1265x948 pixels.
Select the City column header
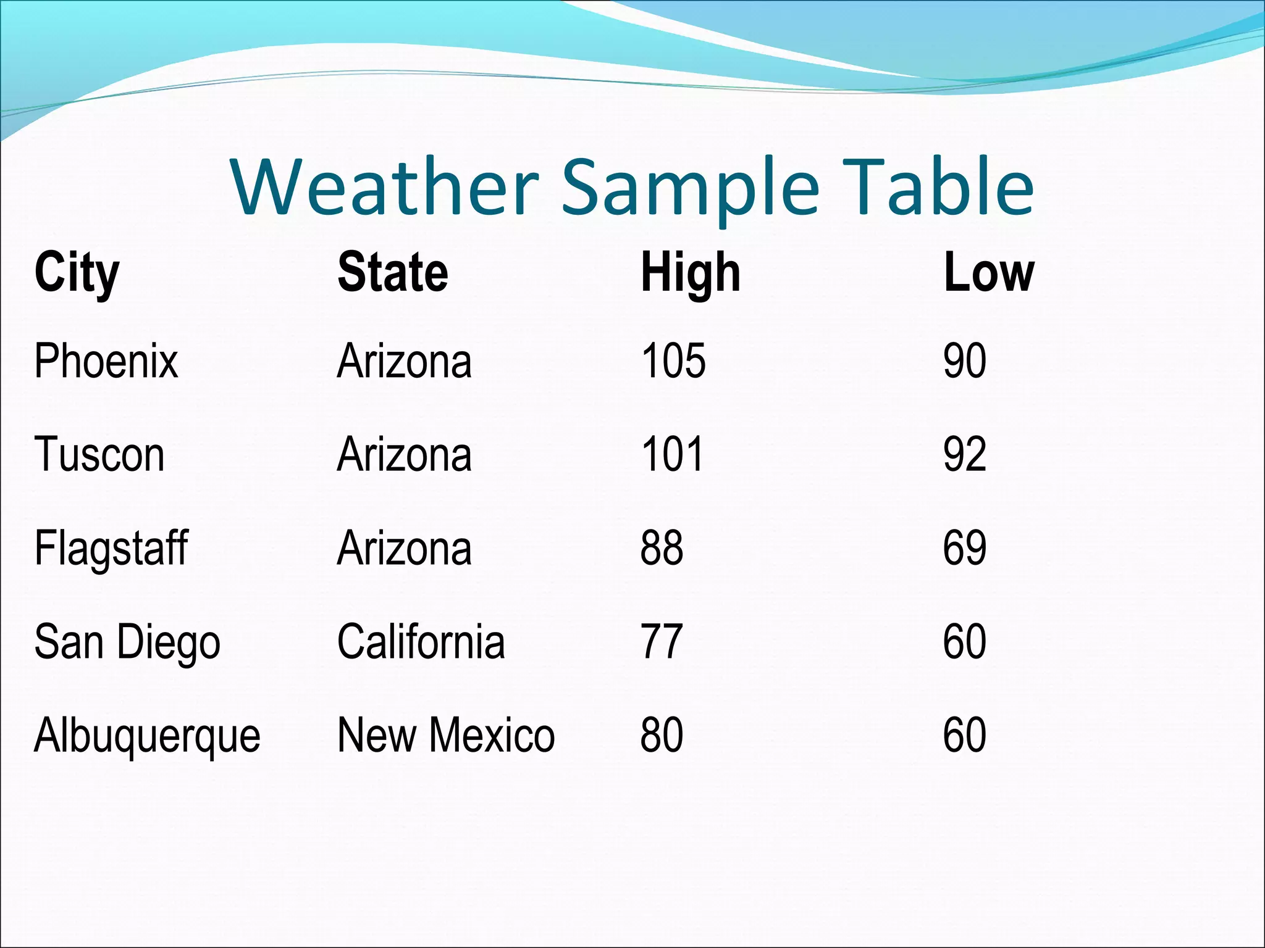click(x=77, y=273)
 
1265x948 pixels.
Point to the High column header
click(x=691, y=273)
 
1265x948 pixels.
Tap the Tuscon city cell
click(x=99, y=455)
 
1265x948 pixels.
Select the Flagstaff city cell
click(x=111, y=548)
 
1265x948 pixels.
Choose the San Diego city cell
click(x=127, y=642)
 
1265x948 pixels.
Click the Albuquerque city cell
click(x=147, y=736)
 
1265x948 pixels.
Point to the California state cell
click(x=421, y=642)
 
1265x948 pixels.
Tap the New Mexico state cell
click(x=446, y=735)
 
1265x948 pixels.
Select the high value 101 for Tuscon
click(x=672, y=455)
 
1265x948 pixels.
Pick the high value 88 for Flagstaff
click(x=662, y=548)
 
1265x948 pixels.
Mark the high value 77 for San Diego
click(x=662, y=642)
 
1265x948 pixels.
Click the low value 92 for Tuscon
click(x=964, y=455)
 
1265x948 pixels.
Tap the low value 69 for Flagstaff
click(x=964, y=548)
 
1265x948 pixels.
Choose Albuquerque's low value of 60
click(x=964, y=735)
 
